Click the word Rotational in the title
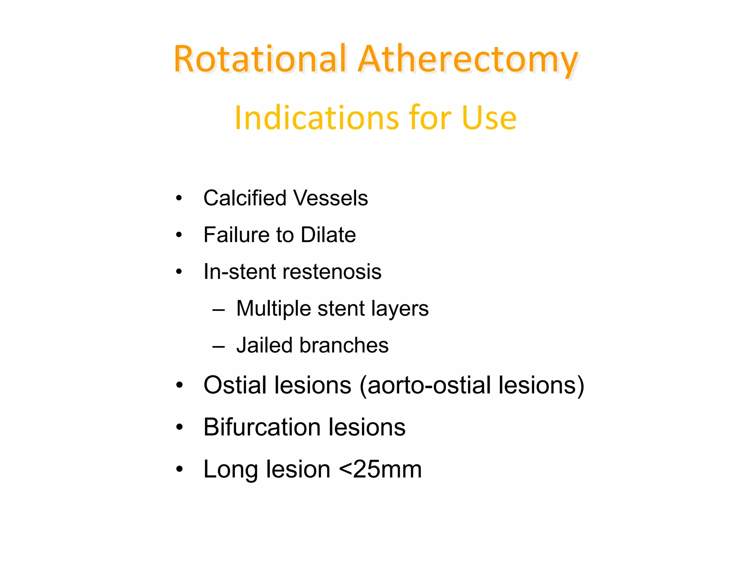click(x=260, y=59)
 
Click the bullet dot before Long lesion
click(x=179, y=469)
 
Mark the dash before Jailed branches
click(x=219, y=346)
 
